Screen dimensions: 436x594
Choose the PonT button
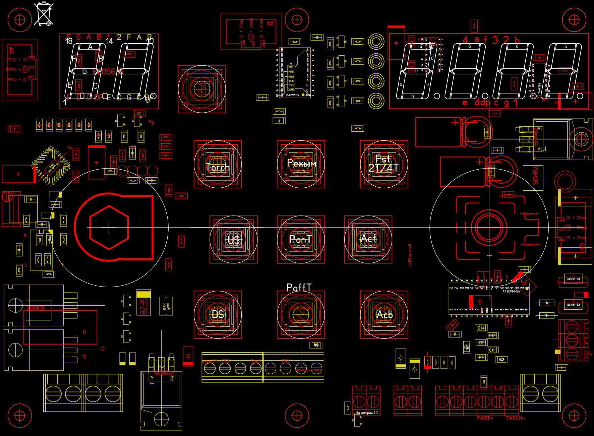(x=301, y=239)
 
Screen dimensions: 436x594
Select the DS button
(x=218, y=314)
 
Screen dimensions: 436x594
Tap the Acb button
(x=384, y=314)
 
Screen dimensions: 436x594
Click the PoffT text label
(x=299, y=288)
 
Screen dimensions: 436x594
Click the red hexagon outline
(x=109, y=228)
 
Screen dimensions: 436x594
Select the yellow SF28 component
(x=143, y=303)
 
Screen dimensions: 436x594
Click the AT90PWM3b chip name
(x=511, y=292)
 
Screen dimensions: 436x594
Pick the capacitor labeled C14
(x=481, y=328)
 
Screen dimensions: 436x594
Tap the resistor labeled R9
(x=316, y=345)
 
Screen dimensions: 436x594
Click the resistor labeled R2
(x=501, y=360)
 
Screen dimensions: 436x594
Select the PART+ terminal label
(x=485, y=418)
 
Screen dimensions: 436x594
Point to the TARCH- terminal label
(x=515, y=418)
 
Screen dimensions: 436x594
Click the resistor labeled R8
(x=467, y=348)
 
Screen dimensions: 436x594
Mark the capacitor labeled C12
(x=492, y=335)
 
